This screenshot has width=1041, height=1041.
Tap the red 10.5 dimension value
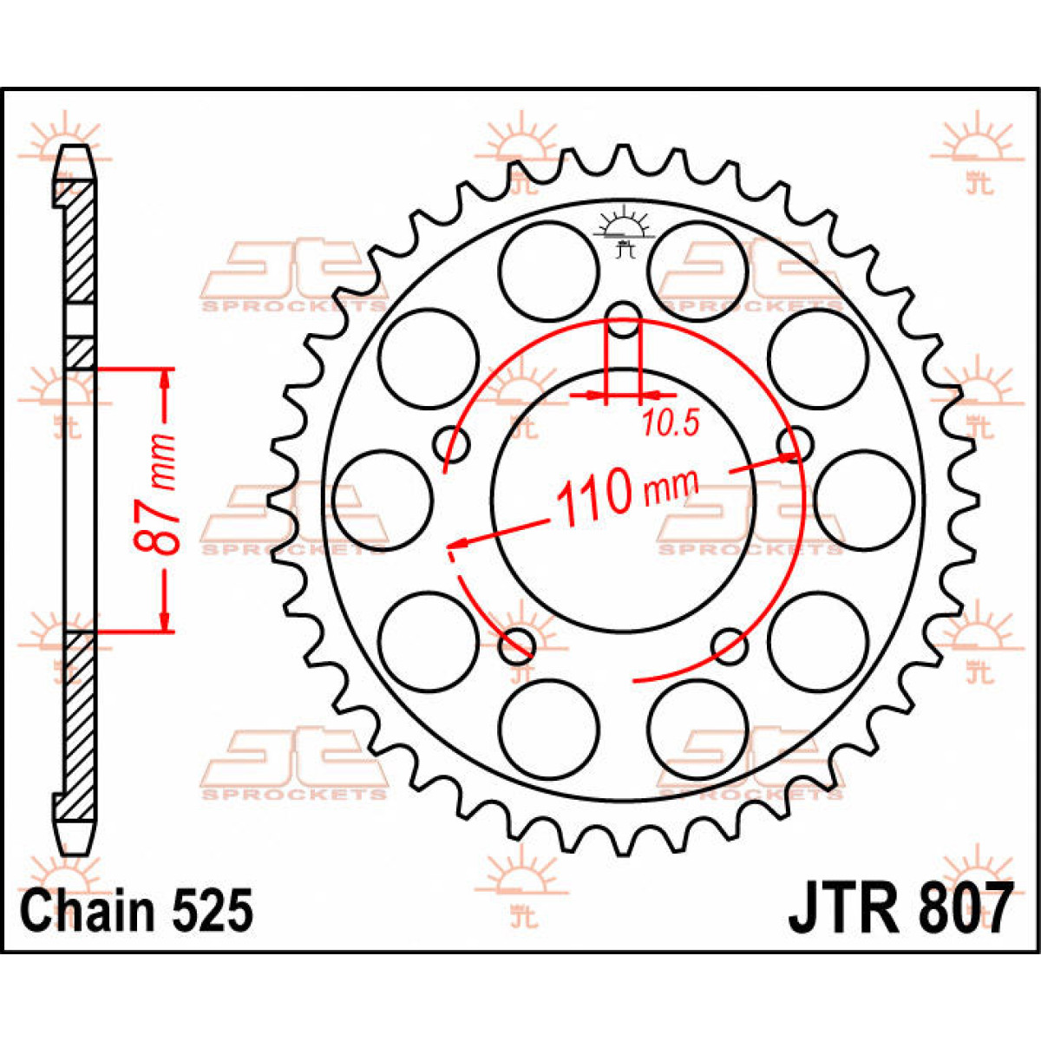click(671, 423)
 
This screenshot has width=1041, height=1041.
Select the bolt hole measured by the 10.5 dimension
click(623, 322)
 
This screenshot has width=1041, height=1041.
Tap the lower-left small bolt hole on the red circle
click(519, 643)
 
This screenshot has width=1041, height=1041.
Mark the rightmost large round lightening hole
click(864, 501)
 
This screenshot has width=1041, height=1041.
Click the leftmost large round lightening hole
click(383, 501)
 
